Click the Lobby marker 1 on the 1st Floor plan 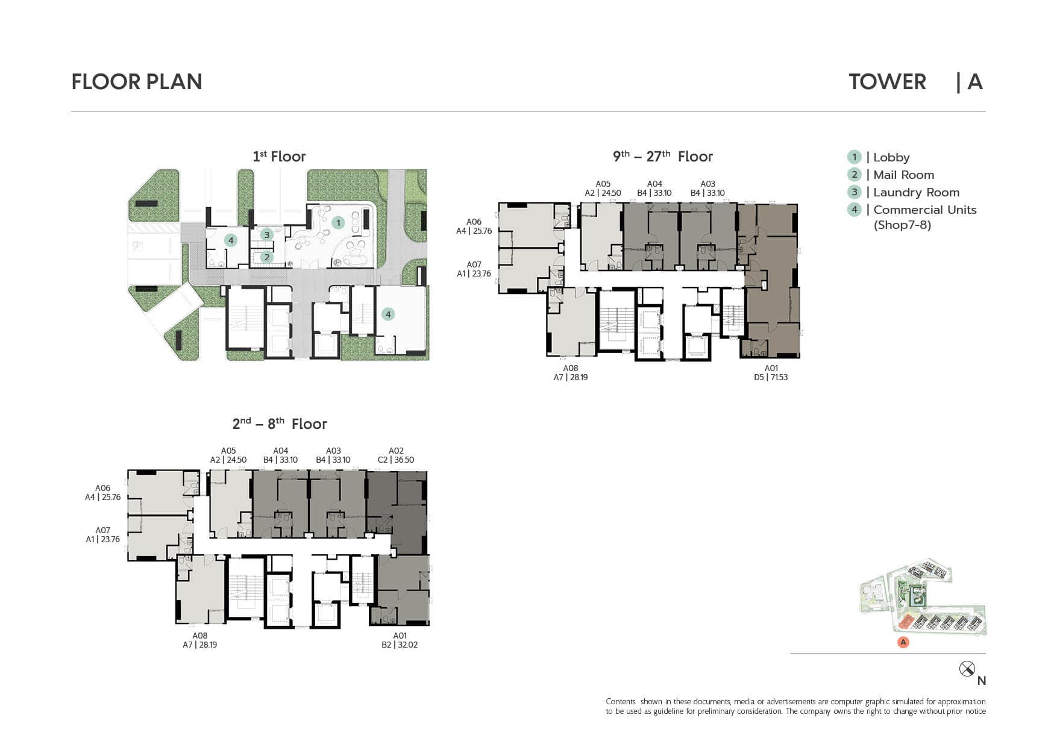[339, 223]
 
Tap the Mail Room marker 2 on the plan [266, 257]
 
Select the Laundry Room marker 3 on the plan [266, 235]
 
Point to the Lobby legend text [891, 157]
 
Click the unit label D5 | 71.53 [771, 377]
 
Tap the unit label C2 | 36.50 [396, 460]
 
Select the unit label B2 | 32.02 [400, 645]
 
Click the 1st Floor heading [279, 157]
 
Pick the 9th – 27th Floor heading [663, 157]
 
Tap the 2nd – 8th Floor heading [280, 424]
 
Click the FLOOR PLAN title [137, 82]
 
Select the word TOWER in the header [887, 82]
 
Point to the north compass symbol [967, 669]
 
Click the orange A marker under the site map [903, 642]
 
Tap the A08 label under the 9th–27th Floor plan [571, 368]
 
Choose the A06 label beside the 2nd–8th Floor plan [102, 489]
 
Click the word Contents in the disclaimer [621, 701]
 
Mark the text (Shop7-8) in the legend [902, 225]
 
